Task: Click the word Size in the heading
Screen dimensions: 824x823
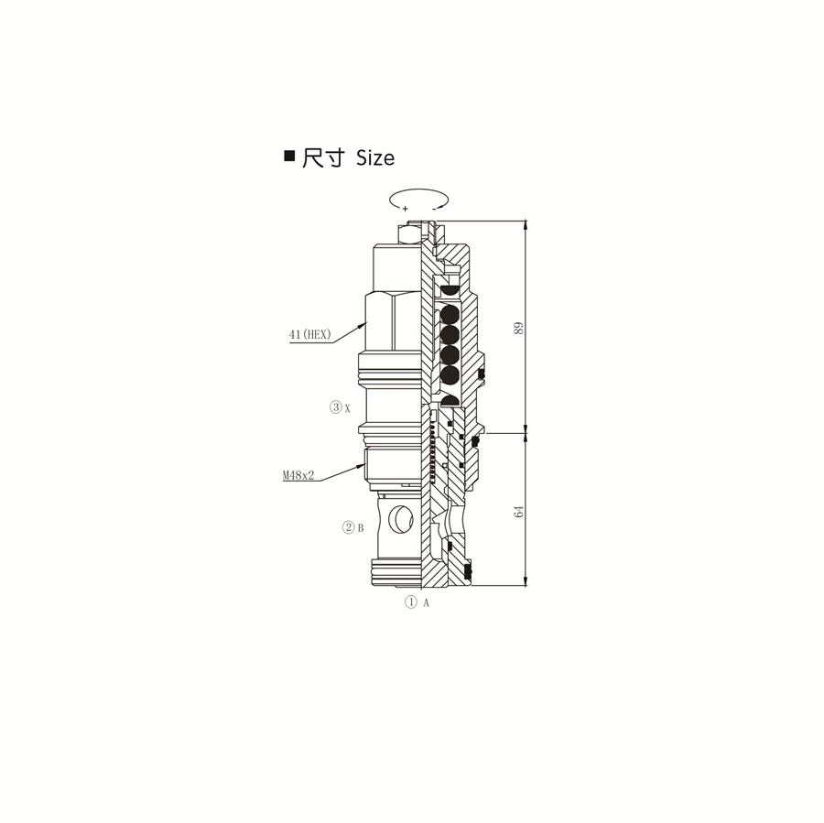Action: pos(375,157)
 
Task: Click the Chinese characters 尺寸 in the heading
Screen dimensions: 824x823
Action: pos(323,157)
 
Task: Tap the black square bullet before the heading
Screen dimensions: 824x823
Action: pos(289,156)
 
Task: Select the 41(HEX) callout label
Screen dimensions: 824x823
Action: pos(310,334)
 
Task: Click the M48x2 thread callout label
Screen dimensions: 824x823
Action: pos(298,475)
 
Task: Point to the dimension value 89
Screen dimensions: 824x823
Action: pos(519,329)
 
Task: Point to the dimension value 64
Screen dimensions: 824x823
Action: pos(519,511)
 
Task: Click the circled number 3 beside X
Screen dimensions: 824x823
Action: pos(336,406)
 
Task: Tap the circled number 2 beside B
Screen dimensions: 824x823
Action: pos(349,527)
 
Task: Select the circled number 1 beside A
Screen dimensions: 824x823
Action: pos(410,602)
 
